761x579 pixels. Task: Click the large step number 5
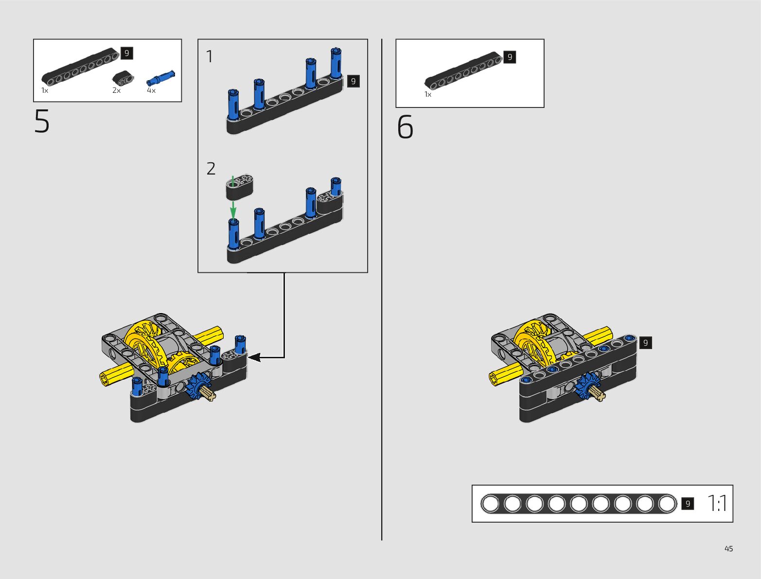42,122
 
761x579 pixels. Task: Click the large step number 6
405,127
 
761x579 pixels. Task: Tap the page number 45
728,549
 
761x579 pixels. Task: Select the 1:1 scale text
717,504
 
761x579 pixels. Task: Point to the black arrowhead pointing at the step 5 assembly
254,358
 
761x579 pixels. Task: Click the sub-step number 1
210,57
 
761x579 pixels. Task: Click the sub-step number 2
211,169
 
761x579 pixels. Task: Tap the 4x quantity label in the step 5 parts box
151,91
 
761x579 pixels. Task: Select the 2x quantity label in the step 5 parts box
116,91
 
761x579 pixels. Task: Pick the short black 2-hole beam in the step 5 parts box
123,78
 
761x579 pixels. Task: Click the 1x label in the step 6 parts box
428,95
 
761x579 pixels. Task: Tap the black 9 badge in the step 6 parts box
510,57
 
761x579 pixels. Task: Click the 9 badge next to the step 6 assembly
645,343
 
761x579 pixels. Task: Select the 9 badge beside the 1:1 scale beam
688,504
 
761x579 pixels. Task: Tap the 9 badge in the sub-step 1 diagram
354,81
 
